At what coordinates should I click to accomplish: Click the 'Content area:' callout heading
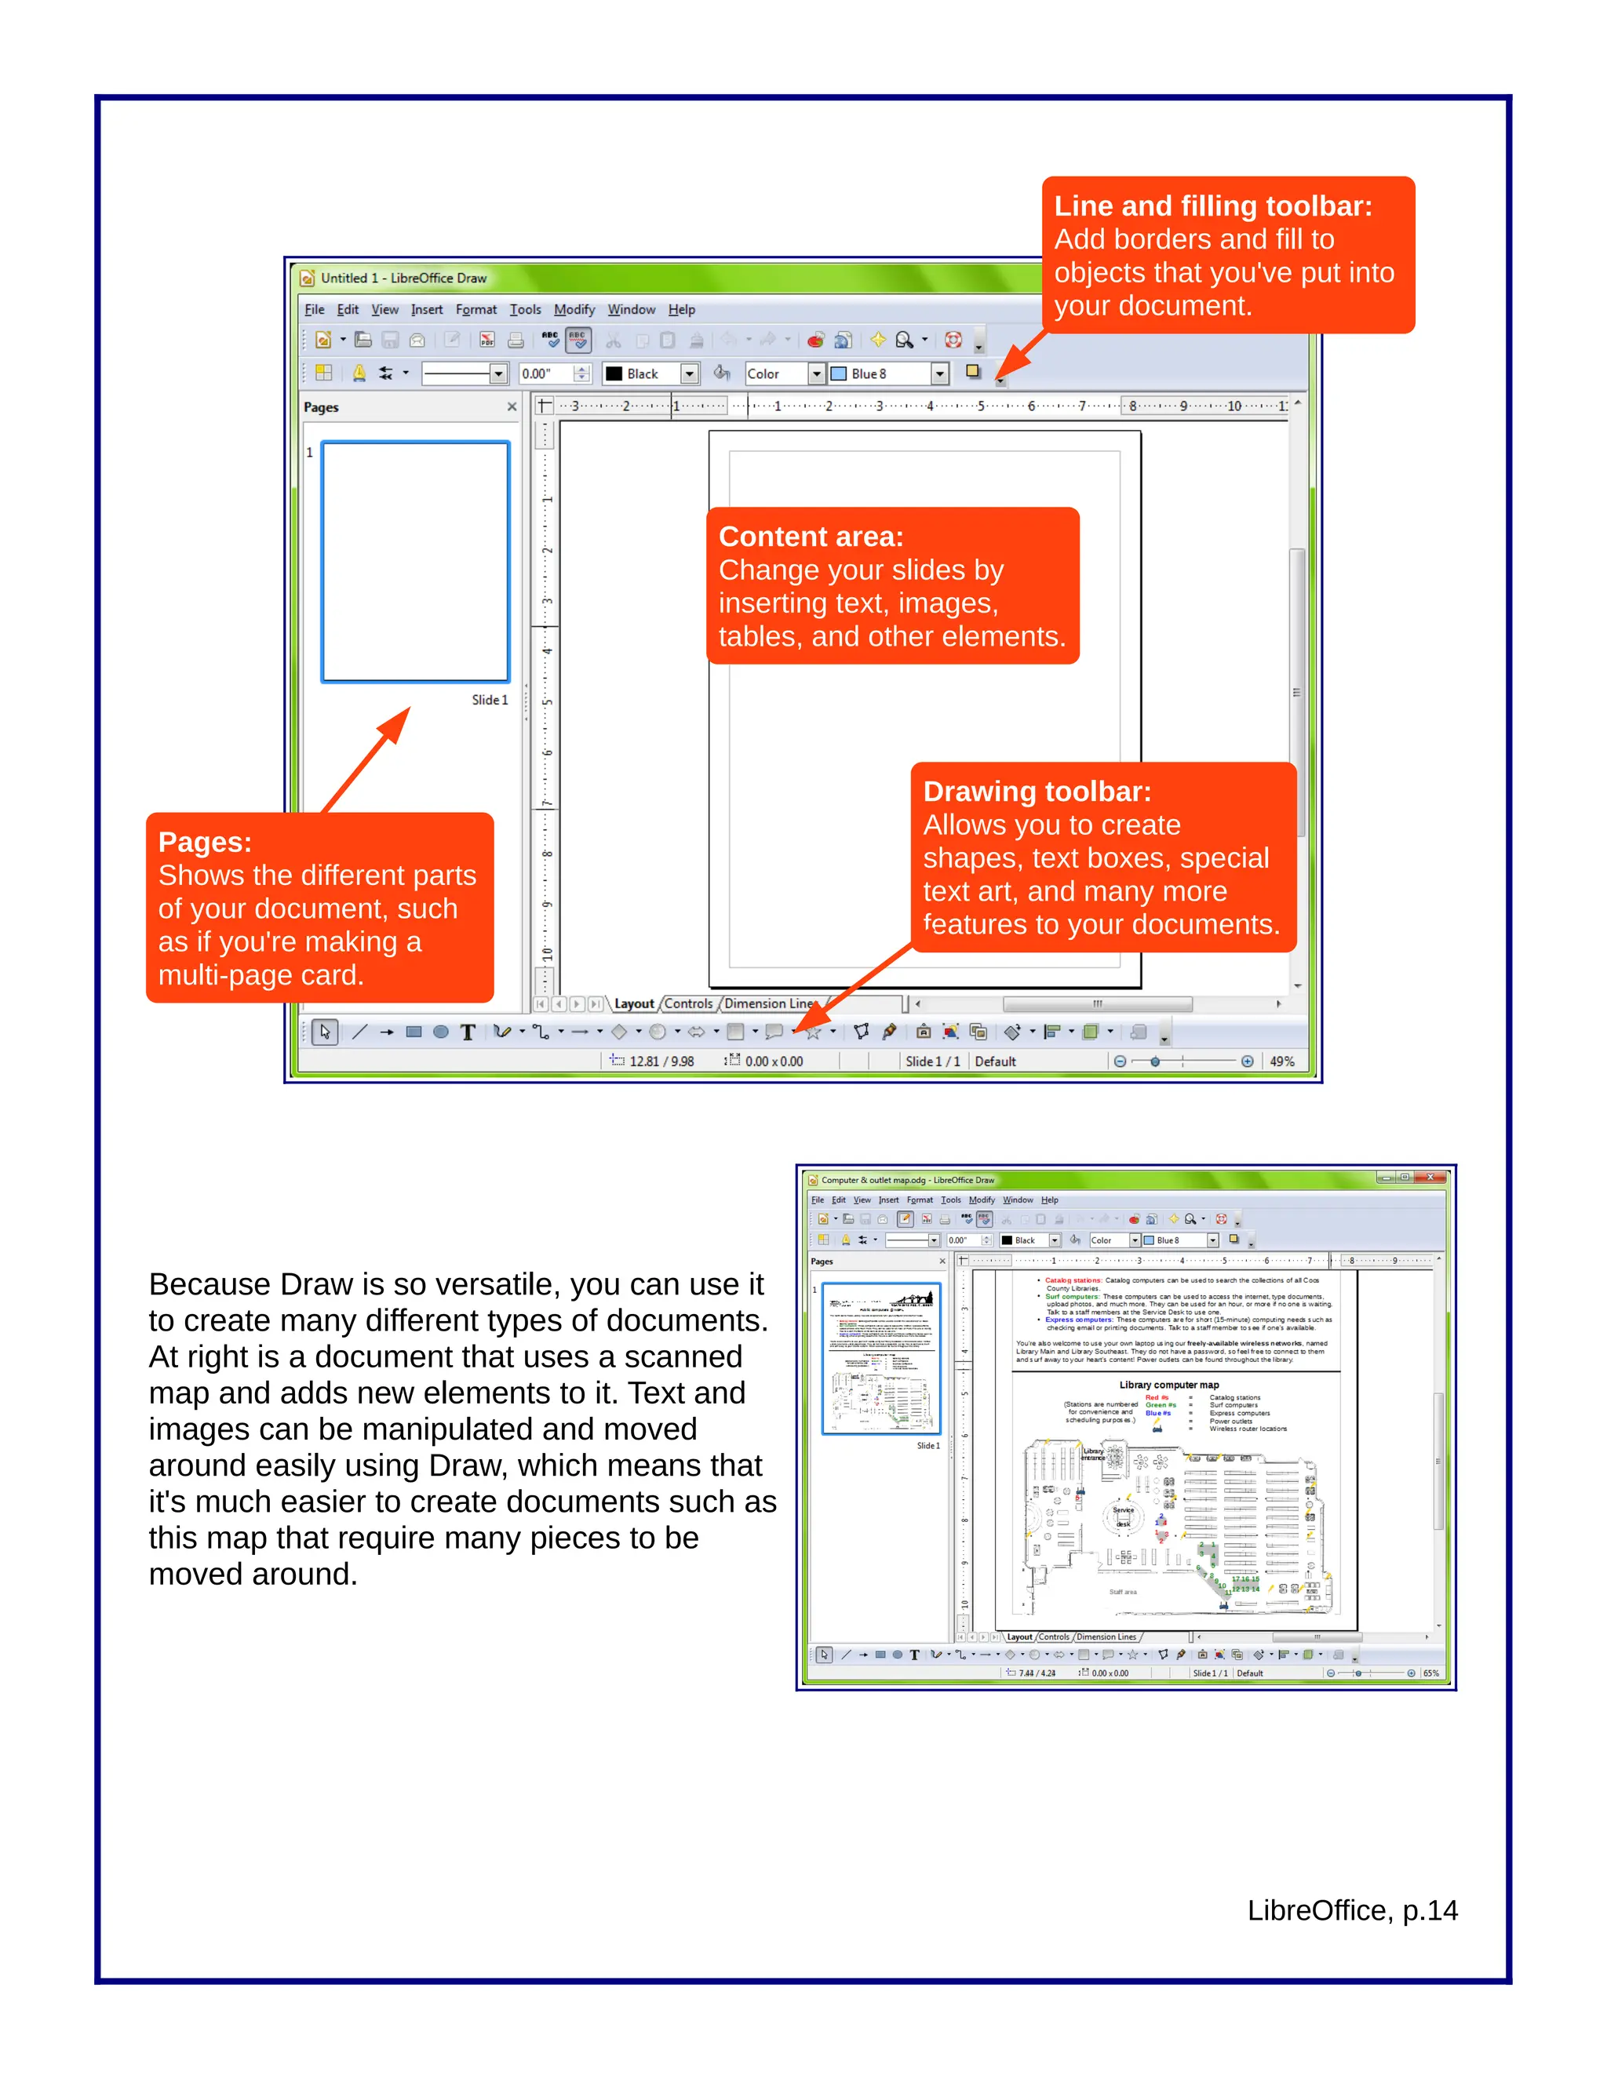810,536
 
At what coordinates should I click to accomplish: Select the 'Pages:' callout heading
205,842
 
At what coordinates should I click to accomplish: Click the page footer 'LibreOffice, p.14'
1352,1910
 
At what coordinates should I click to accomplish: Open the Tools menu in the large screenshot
525,309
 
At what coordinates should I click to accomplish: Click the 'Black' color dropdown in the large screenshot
651,374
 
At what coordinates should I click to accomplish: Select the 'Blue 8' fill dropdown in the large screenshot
887,374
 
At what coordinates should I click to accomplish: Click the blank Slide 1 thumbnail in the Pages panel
415,562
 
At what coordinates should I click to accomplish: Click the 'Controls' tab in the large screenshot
687,1003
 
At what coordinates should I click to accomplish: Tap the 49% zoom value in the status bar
1281,1061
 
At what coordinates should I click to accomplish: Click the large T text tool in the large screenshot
468,1032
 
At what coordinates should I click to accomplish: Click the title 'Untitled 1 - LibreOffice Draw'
403,278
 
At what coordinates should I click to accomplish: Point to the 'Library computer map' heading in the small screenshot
1168,1385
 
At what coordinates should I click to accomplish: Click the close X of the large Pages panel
512,406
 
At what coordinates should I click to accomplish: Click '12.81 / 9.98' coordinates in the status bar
661,1061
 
